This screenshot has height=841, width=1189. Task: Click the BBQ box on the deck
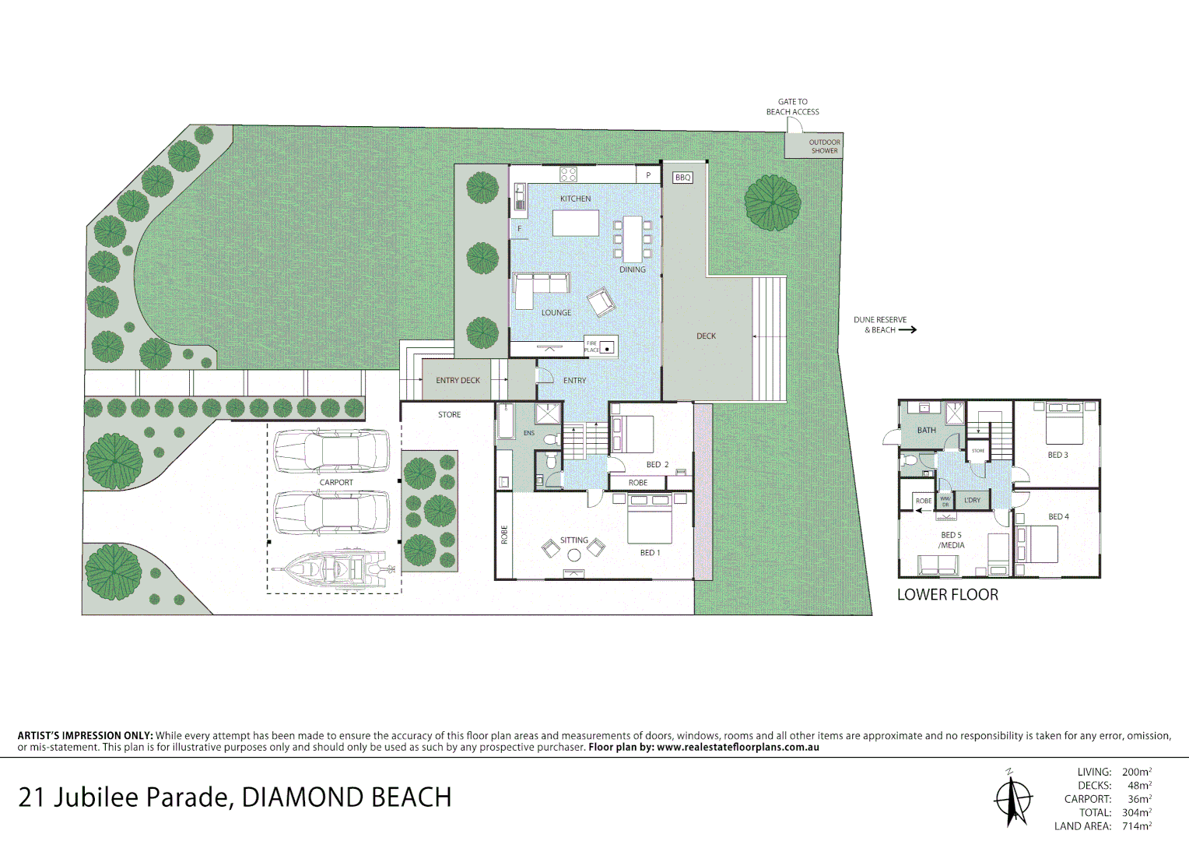(682, 178)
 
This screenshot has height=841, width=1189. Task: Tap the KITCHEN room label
(575, 199)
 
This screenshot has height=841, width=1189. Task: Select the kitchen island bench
(576, 223)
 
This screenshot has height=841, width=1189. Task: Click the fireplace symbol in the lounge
(607, 347)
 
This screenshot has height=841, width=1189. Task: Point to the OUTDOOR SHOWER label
(824, 146)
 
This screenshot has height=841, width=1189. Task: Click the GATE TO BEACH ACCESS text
(792, 107)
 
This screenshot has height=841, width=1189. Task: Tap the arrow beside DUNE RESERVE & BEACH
(907, 330)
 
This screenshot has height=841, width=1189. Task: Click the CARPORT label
(336, 483)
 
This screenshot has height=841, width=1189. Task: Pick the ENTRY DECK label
(458, 381)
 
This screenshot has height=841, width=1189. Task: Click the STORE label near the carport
(449, 415)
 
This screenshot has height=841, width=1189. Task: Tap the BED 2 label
(658, 465)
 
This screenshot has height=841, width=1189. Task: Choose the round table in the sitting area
(573, 555)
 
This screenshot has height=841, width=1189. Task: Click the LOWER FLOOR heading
(947, 595)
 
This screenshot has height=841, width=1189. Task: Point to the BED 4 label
(1058, 517)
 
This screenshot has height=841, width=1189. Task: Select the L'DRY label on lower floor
(972, 501)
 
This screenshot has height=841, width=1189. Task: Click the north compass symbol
(1012, 798)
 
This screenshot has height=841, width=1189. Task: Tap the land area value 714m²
(1136, 826)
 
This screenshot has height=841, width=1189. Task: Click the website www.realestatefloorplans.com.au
(738, 748)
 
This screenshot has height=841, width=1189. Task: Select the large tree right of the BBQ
(772, 203)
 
